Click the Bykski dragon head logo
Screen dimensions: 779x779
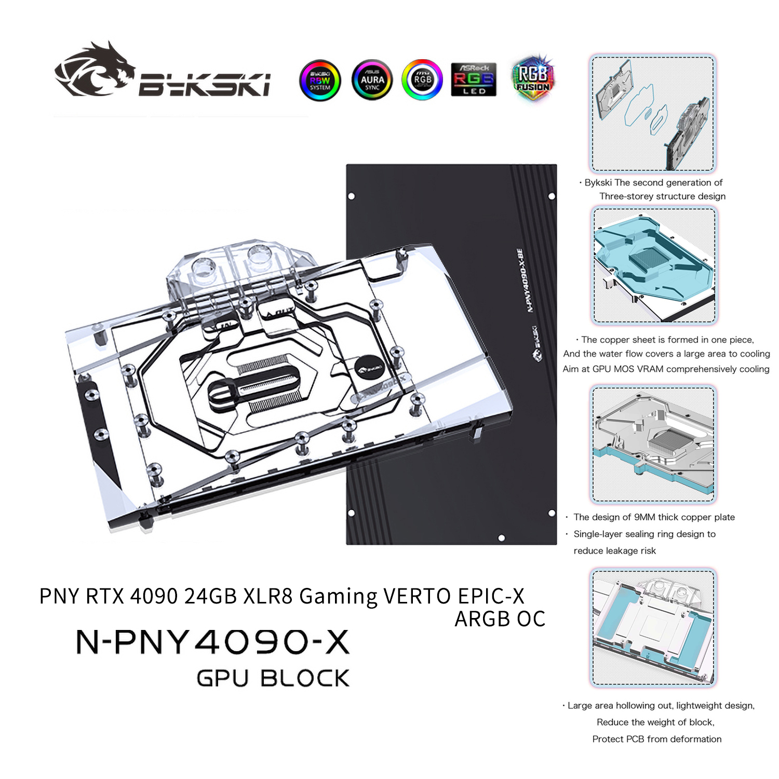93,70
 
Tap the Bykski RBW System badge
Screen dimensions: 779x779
320,80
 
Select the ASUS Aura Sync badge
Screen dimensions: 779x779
372,80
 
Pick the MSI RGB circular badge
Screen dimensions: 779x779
422,79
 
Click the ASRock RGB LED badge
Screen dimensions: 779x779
474,79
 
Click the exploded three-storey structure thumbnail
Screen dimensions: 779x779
653,113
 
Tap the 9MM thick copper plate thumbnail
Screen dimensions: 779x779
653,444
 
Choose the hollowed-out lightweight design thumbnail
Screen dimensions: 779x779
653,627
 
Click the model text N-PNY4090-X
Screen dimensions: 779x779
213,642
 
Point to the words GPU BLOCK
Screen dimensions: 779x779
273,678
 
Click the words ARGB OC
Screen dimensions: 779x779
500,619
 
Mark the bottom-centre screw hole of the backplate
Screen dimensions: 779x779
501,538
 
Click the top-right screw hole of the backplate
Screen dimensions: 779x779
552,196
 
